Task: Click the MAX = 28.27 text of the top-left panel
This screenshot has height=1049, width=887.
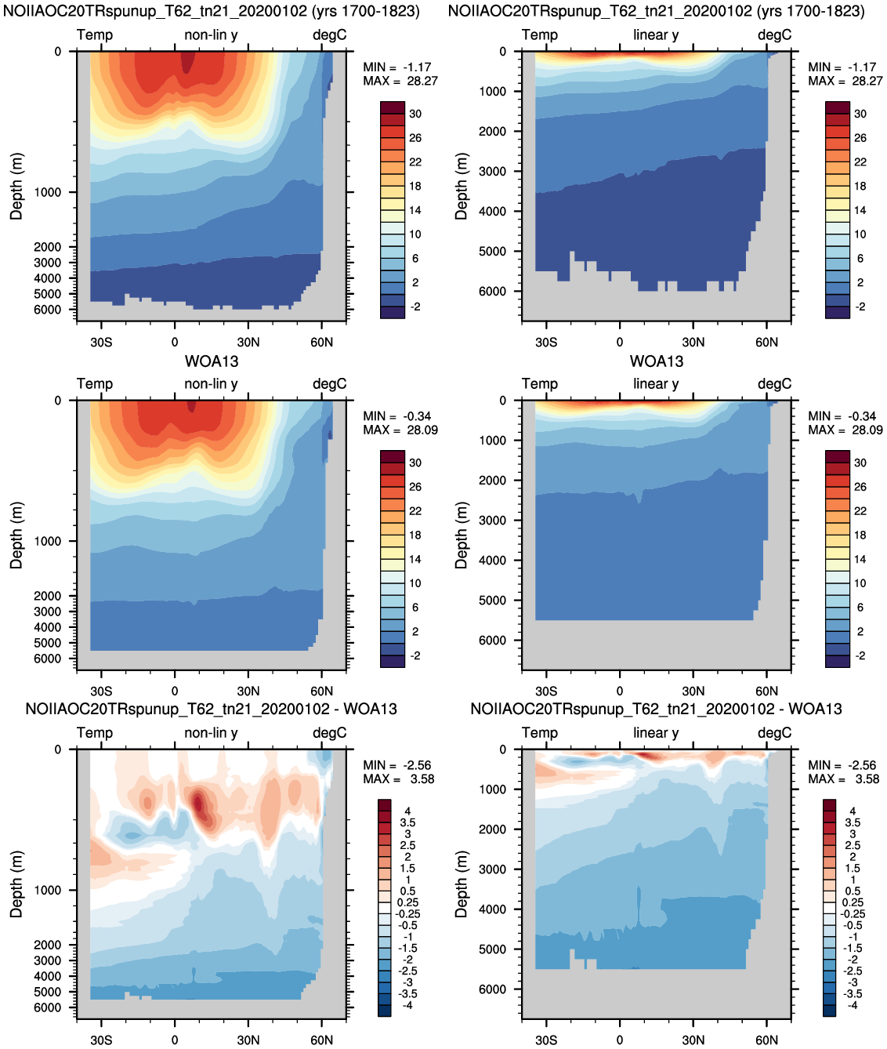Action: pyautogui.click(x=400, y=81)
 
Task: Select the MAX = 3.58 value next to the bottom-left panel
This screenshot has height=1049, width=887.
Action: pyautogui.click(x=399, y=779)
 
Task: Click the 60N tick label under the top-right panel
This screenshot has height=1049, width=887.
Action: pyautogui.click(x=766, y=342)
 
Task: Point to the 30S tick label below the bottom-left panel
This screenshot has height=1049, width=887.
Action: pyautogui.click(x=101, y=1040)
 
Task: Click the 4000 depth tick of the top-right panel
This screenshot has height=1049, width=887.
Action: pyautogui.click(x=492, y=211)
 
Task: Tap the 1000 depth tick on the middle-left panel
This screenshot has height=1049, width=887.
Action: pyautogui.click(x=47, y=541)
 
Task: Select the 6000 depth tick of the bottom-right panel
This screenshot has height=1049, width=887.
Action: pyautogui.click(x=492, y=989)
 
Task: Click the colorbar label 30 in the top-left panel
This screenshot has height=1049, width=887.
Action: pyautogui.click(x=415, y=114)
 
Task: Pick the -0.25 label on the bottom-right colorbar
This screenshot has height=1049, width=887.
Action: pyautogui.click(x=853, y=913)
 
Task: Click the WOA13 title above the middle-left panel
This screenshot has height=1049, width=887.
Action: pyautogui.click(x=212, y=361)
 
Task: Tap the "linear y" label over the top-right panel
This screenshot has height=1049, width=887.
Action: pyautogui.click(x=656, y=35)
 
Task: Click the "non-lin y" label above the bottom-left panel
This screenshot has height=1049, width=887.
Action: pyautogui.click(x=211, y=733)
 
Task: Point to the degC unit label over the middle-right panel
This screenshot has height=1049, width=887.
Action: pyautogui.click(x=774, y=384)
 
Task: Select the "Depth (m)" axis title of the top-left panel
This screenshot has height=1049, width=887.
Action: pyautogui.click(x=16, y=187)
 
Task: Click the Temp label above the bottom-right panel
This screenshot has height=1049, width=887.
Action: pyautogui.click(x=540, y=733)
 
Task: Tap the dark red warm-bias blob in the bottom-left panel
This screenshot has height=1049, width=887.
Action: pyautogui.click(x=197, y=804)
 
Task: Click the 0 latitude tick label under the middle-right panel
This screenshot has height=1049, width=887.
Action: pyautogui.click(x=619, y=691)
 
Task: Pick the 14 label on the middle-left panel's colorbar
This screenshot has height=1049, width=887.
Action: pyautogui.click(x=415, y=559)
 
